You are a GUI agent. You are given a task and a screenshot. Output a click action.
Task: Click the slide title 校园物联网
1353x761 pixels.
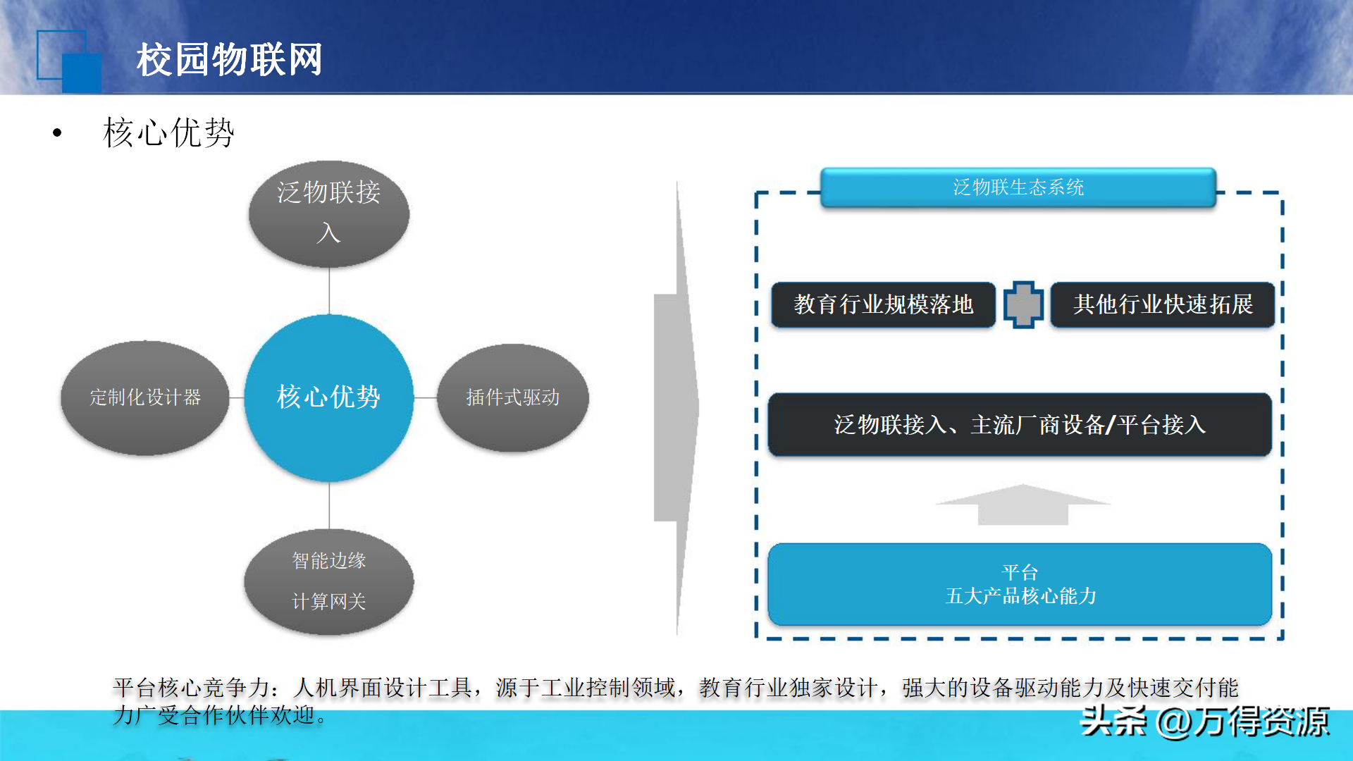coord(229,59)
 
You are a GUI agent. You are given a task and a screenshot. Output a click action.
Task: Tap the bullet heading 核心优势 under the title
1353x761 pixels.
coord(168,132)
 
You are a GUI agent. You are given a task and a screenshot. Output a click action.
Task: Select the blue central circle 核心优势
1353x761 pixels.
coord(328,397)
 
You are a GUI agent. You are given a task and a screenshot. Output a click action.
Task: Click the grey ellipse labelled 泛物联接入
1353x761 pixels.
coord(328,213)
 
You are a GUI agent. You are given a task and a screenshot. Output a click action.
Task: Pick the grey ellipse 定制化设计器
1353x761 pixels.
coord(145,397)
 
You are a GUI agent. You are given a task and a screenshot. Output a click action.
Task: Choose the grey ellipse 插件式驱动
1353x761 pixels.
coord(512,397)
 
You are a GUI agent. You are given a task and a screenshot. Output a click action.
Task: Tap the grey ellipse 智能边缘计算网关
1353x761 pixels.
coord(328,581)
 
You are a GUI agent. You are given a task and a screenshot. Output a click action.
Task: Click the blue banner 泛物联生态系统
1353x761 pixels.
coord(1018,187)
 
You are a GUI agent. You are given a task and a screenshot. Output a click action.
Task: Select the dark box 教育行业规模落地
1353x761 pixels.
coord(883,304)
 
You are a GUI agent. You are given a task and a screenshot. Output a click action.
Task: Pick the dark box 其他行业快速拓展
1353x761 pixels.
coord(1163,304)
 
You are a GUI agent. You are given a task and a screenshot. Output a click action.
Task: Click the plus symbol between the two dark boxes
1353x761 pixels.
coord(1023,304)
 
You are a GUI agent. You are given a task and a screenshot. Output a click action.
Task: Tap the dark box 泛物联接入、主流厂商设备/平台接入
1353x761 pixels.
coord(1019,425)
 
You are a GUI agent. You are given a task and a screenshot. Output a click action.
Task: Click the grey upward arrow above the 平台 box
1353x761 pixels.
coord(1023,505)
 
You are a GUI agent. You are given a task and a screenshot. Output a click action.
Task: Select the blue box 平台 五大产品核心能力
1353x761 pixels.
coord(1019,584)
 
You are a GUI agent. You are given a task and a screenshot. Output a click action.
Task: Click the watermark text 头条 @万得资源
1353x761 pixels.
coord(1204,722)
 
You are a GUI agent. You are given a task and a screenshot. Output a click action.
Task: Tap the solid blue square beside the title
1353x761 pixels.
coord(82,73)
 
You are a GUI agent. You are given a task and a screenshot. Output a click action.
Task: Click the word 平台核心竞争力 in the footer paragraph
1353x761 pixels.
coord(191,687)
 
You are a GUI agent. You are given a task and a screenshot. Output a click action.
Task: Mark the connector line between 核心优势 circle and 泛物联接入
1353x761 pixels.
coord(329,291)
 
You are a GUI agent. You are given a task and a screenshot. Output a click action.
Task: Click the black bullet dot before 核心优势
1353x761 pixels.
coord(57,132)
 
